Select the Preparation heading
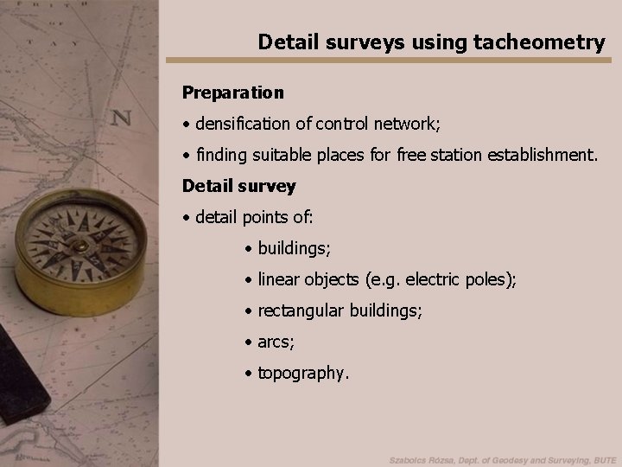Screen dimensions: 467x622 click(x=232, y=91)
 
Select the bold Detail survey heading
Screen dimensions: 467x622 click(x=238, y=186)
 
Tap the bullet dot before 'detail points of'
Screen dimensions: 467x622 click(x=187, y=218)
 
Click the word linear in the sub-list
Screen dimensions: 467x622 click(x=278, y=280)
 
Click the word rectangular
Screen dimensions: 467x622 click(x=301, y=311)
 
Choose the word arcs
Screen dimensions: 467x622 click(x=276, y=343)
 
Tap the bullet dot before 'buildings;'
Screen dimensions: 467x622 click(x=248, y=249)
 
